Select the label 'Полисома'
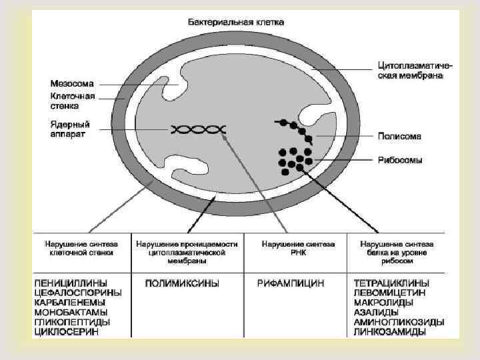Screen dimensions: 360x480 pos(399,137)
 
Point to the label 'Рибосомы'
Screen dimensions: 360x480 pos(400,160)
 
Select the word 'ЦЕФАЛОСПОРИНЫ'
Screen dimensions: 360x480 pos(78,293)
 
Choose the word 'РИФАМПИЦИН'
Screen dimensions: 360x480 pos(291,283)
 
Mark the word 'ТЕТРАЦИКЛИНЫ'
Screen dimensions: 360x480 pos(391,283)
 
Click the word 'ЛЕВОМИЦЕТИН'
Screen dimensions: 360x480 pos(391,293)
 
